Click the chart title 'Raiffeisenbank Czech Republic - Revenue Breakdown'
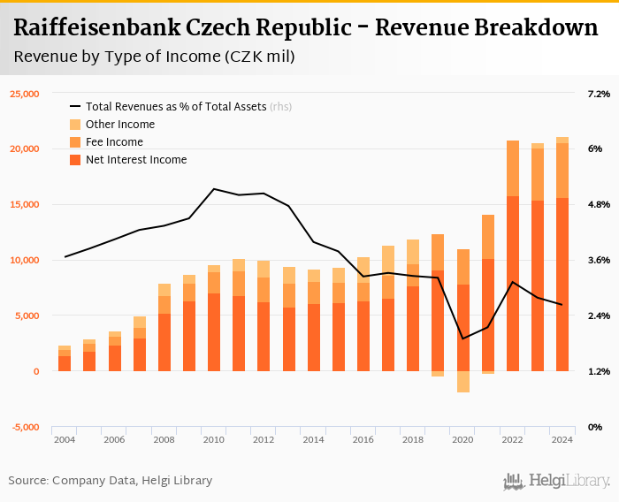pos(306,28)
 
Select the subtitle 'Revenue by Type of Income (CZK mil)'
pos(155,57)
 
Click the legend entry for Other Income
pos(119,125)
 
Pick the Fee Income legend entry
pos(114,142)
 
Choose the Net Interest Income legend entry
pos(135,160)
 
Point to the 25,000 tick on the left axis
pos(25,93)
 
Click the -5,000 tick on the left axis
pos(26,427)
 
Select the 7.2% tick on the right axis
pos(599,93)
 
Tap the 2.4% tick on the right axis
pos(599,316)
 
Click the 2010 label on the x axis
pos(213,439)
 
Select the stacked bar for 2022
pos(513,256)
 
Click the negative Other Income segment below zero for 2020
pos(462,382)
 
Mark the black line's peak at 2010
pos(214,188)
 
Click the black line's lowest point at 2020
pos(462,338)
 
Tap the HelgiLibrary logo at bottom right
pos(556,481)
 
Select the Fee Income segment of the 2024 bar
pos(562,170)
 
